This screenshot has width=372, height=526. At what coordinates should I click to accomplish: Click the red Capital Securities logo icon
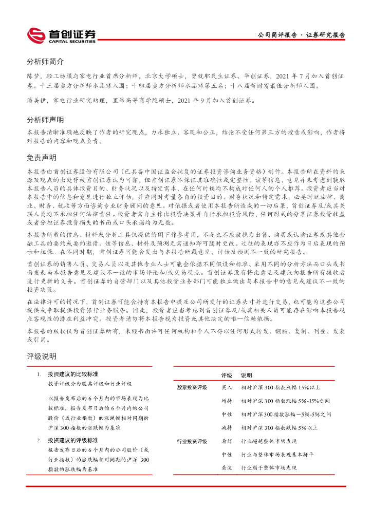pos(36,35)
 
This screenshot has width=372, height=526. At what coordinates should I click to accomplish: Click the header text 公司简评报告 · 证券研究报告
pos(301,35)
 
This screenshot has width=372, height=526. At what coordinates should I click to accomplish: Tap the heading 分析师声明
pos(45,120)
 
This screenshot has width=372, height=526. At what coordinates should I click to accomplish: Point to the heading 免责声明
pos(42,157)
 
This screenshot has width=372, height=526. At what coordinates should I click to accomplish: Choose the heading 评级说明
pos(42,356)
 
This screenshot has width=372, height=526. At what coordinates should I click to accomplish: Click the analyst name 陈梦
pos(33,75)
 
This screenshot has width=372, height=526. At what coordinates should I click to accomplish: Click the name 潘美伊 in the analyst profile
pos(36,102)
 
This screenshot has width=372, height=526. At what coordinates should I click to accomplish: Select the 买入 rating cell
pos(227,387)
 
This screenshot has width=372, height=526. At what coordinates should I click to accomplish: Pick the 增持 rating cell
pos(227,401)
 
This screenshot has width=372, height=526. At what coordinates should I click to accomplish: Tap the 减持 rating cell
pos(227,427)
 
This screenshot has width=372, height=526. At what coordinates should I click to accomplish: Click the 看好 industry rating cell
pos(227,441)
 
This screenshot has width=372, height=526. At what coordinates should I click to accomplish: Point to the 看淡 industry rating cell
pos(227,468)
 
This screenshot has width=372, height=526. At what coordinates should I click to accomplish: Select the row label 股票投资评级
pos(192,387)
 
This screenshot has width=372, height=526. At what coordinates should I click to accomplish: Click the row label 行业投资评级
pos(192,441)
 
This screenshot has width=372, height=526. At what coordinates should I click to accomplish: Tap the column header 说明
pos(247,375)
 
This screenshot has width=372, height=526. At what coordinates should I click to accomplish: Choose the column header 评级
pos(227,375)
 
